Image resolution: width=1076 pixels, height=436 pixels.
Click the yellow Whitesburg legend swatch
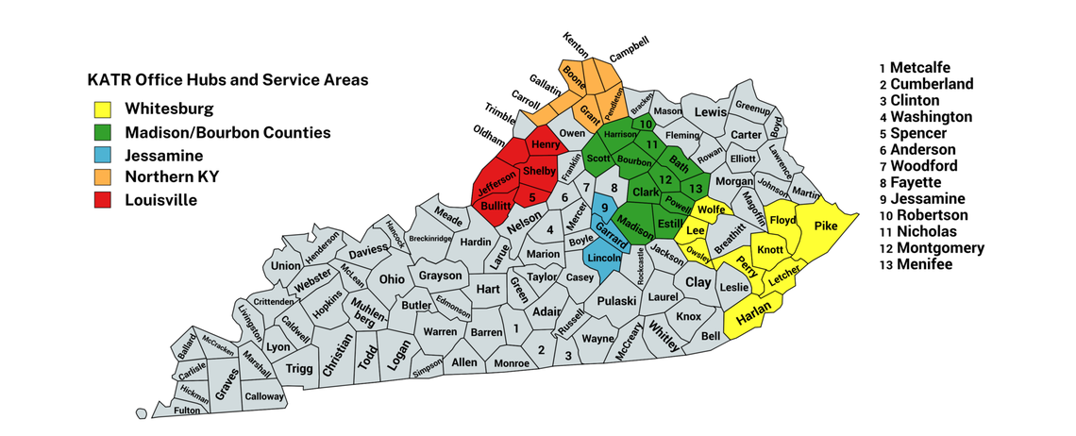tap(103, 109)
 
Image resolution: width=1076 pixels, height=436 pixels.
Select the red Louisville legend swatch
tap(103, 200)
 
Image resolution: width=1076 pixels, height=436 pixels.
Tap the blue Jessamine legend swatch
tap(103, 155)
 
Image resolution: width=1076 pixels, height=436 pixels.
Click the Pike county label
tap(825, 226)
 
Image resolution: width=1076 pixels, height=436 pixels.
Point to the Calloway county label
tap(264, 397)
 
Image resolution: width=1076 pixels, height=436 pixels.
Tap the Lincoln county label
tap(604, 258)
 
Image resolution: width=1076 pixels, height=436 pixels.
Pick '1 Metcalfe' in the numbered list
tap(914, 67)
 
